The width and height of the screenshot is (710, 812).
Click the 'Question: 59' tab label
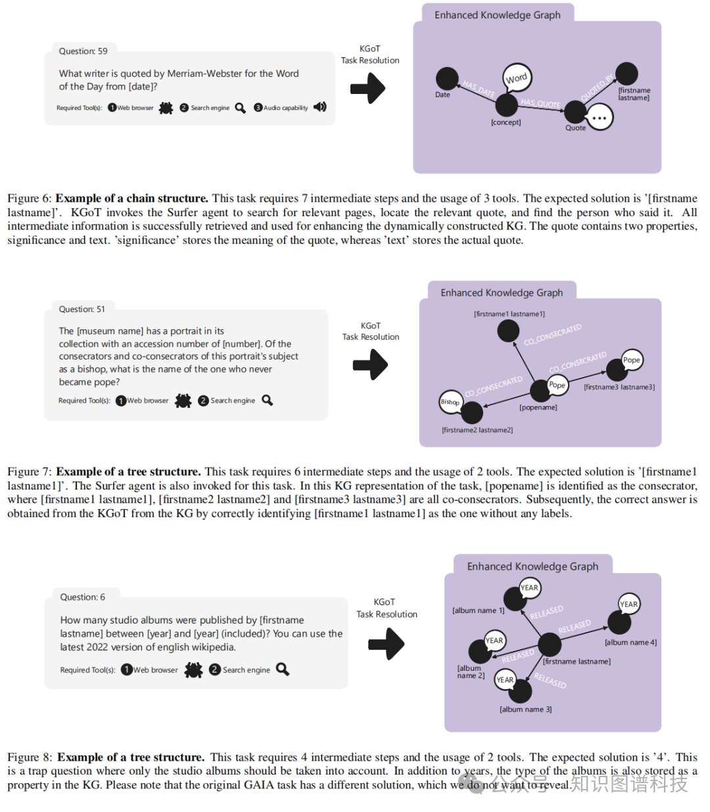point(83,51)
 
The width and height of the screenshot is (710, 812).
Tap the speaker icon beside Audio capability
point(320,107)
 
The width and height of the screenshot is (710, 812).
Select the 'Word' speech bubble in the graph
point(517,78)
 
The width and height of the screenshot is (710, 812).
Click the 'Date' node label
point(442,95)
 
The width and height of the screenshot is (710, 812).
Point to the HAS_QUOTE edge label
point(540,103)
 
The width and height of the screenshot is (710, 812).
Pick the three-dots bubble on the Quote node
point(599,118)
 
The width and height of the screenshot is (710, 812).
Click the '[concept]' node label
point(506,122)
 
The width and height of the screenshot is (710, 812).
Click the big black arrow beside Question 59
point(367,88)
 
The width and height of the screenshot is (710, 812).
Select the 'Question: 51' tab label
point(82,309)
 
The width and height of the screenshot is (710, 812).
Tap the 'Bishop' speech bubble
point(450,402)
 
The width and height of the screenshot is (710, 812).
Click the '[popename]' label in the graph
point(538,407)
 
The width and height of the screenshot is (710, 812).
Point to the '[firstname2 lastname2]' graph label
point(477,430)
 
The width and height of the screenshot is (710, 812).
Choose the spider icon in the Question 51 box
point(183,401)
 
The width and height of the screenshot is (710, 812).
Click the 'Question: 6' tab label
point(82,597)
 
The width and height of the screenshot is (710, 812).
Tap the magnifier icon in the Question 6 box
point(283,669)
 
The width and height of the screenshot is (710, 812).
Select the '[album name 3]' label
point(525,710)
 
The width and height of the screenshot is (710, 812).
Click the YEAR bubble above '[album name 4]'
point(628,604)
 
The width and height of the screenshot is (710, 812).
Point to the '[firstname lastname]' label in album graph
point(577,662)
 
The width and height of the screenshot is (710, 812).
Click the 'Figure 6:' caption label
point(29,198)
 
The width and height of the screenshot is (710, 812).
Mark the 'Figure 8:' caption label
point(30,757)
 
